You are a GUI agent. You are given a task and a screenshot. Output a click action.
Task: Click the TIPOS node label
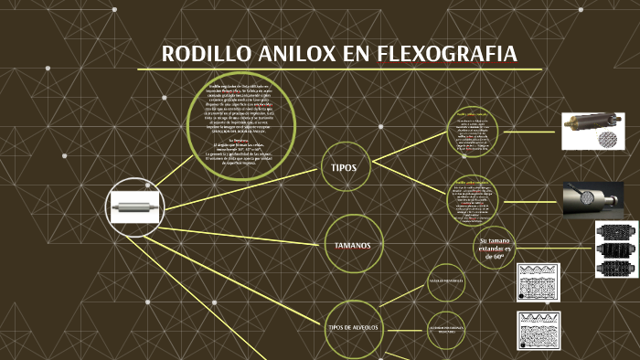pos(344,168)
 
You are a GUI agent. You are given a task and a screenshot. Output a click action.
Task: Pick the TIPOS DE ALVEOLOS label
pos(353,326)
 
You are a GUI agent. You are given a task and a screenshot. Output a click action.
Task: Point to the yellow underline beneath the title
pos(339,69)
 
